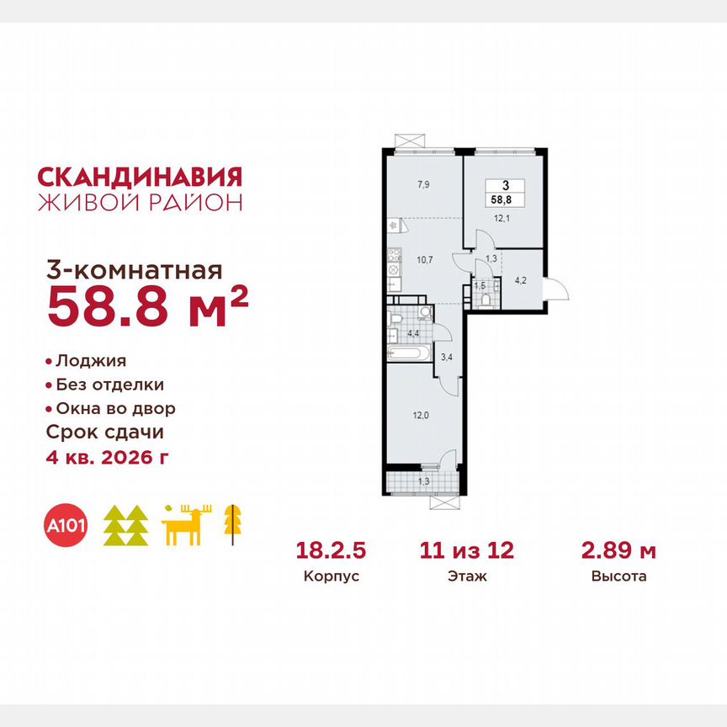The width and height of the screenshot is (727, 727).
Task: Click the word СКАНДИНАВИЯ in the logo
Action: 140,176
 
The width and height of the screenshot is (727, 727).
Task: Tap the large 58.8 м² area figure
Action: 147,306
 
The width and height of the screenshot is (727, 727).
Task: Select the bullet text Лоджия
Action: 91,361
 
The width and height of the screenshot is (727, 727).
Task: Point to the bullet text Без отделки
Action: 109,385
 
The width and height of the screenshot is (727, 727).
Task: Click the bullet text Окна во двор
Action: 115,409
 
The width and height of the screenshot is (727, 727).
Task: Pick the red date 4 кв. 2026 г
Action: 112,457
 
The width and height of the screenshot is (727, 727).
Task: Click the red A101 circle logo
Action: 65,527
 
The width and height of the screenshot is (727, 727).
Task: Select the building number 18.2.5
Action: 332,551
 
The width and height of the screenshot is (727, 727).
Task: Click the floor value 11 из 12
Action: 467,551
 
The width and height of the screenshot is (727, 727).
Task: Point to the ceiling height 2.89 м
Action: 619,551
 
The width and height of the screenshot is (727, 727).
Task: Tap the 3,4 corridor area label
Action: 447,356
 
